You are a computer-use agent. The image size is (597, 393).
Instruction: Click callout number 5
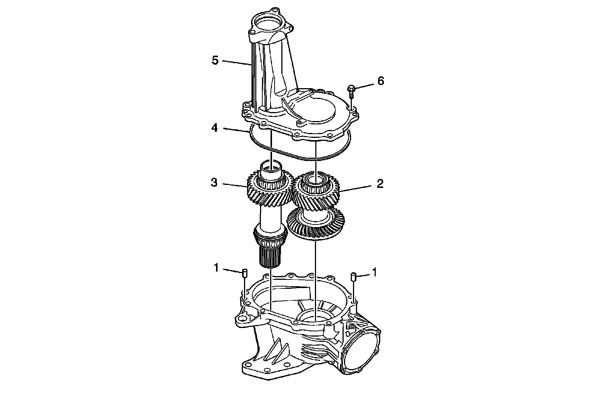215,60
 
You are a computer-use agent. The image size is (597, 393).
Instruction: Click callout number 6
380,81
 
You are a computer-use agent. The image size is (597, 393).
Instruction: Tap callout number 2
380,184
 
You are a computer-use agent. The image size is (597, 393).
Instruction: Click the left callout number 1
216,267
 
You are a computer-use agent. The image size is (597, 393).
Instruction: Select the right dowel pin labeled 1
353,277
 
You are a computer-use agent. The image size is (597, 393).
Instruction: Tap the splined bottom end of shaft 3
269,258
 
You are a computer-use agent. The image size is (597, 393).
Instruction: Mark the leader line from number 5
237,62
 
